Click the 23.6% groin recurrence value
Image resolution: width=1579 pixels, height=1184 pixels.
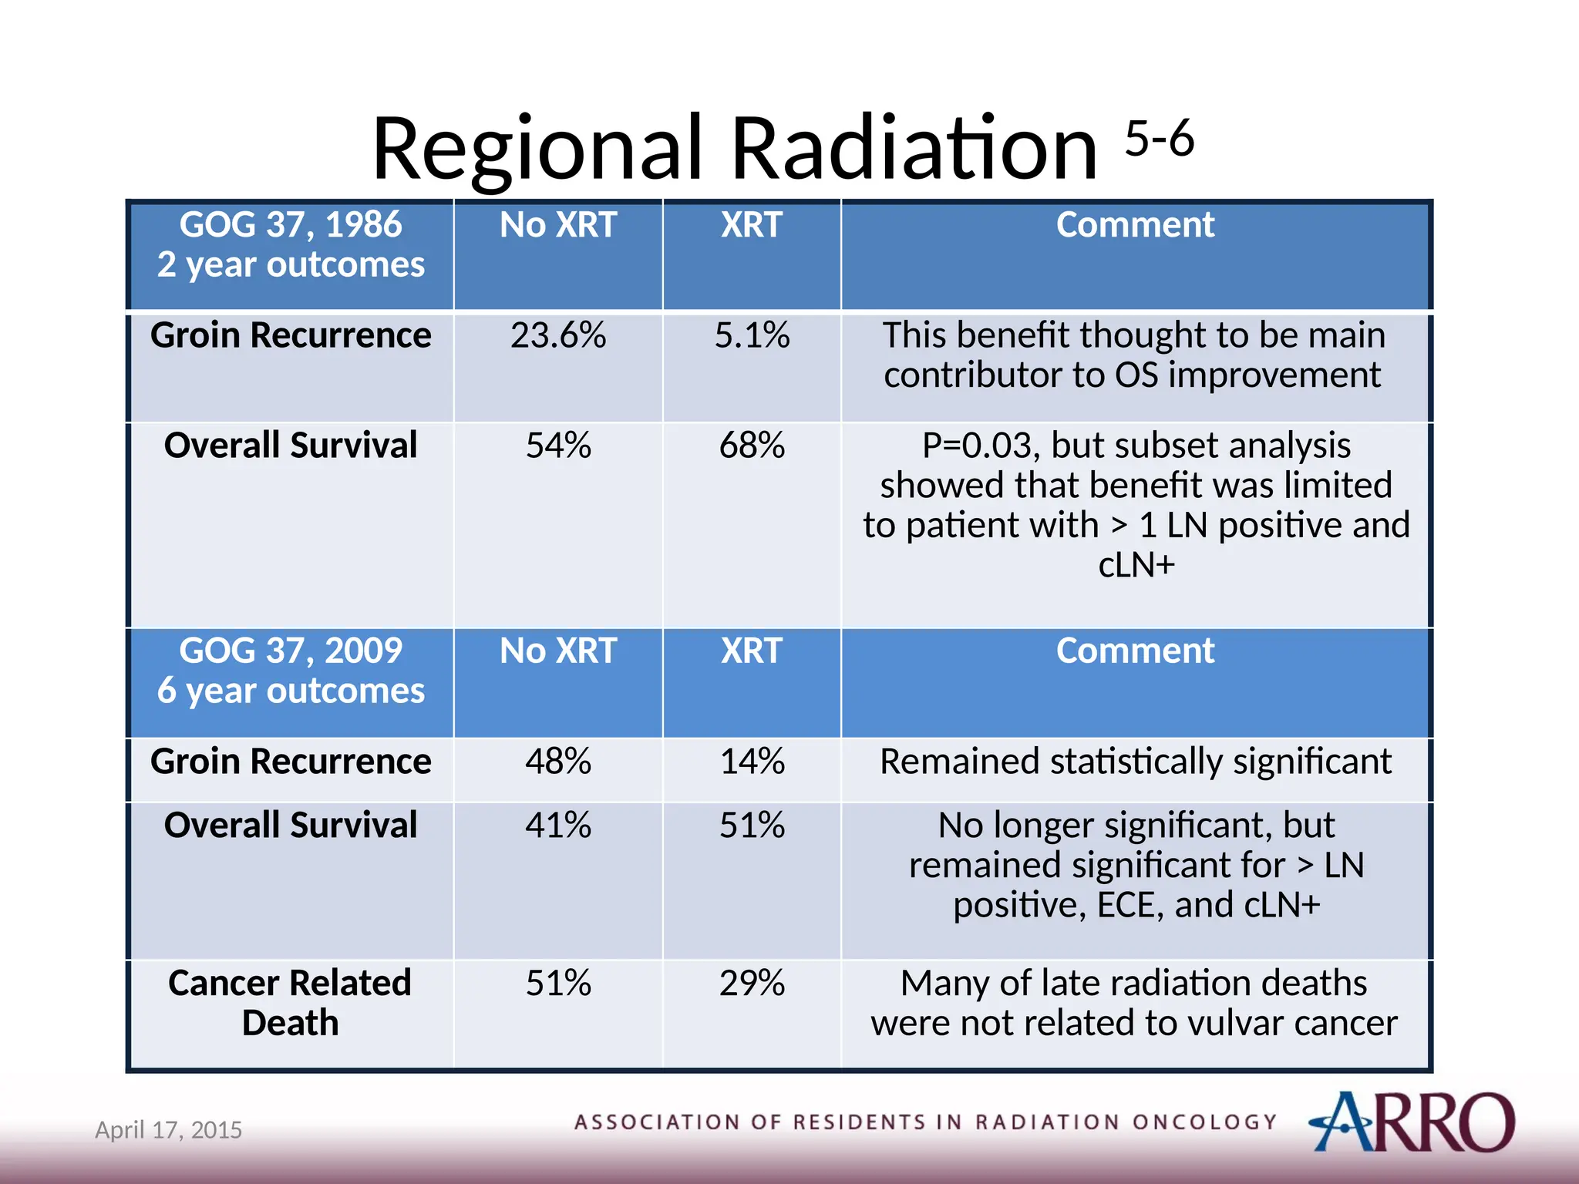[558, 336]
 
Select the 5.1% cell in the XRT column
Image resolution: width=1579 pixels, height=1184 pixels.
[752, 336]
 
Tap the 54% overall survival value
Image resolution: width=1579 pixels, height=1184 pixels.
[558, 446]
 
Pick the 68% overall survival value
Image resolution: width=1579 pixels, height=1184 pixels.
[752, 446]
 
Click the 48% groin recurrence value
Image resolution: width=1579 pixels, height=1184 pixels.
[558, 762]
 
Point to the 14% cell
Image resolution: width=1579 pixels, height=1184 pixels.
[752, 762]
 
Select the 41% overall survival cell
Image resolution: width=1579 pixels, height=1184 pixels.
[558, 826]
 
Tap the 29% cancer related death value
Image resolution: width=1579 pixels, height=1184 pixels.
[752, 984]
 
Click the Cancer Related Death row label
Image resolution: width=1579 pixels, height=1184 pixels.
[291, 1003]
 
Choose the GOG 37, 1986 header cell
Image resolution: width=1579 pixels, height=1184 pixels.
[291, 245]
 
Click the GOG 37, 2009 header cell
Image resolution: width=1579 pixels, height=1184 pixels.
[291, 671]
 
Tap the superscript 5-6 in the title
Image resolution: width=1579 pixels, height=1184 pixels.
[1159, 139]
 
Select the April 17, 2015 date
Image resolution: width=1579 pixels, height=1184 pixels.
[168, 1130]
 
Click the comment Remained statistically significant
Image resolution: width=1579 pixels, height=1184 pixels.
[1135, 762]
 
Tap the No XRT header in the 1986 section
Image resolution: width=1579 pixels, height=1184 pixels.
[558, 226]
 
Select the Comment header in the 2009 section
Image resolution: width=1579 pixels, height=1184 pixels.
[1135, 651]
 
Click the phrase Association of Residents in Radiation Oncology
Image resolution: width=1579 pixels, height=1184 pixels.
[925, 1122]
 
